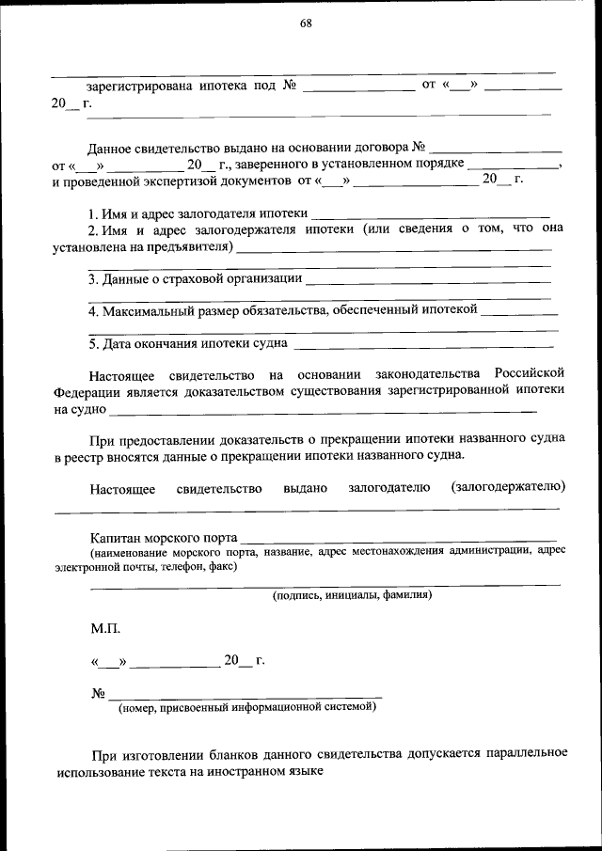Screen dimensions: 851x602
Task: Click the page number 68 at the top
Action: [306, 24]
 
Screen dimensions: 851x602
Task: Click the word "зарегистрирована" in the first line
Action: [136, 86]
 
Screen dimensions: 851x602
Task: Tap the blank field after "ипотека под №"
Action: [358, 87]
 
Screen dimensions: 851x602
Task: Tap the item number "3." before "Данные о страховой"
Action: [94, 278]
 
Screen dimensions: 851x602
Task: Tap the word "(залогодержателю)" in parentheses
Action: [508, 487]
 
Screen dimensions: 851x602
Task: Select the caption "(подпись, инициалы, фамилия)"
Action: [352, 595]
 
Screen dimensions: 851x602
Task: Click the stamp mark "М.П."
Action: [105, 626]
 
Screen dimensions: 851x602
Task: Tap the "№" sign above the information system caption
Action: [97, 694]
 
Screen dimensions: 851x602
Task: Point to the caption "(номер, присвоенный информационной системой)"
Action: [247, 708]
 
